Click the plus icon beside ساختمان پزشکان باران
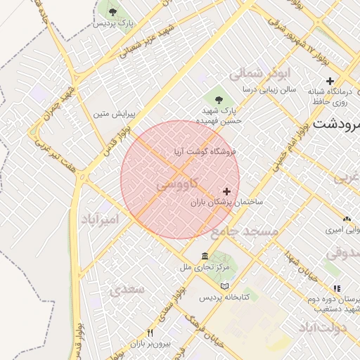226,191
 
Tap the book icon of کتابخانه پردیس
224,285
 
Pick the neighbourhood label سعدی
127,289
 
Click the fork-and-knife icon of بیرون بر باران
150,333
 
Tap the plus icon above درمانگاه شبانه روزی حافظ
330,81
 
